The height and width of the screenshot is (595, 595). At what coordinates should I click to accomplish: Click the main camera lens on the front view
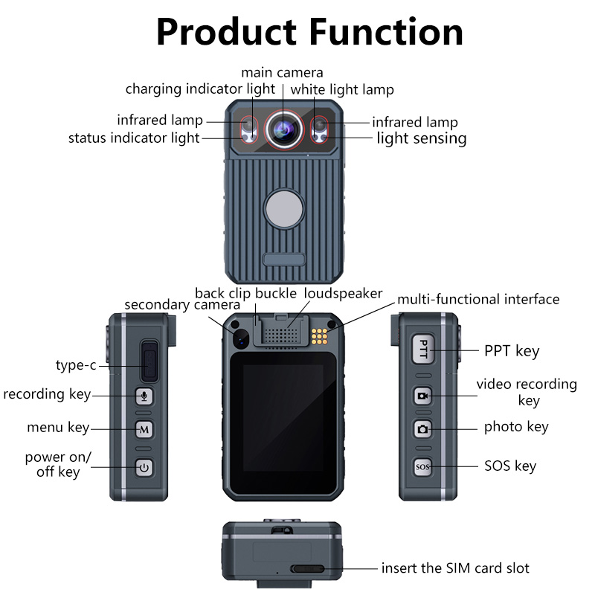pos(283,128)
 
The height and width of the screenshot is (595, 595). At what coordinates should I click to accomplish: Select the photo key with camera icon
pos(423,428)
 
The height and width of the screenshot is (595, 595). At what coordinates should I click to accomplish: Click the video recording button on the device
pos(423,396)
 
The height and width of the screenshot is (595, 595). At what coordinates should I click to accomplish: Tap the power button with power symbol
pos(144,467)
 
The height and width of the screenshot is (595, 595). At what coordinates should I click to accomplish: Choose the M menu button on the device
pos(144,429)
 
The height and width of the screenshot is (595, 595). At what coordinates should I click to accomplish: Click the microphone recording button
pos(144,395)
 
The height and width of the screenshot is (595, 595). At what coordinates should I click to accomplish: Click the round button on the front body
pos(283,208)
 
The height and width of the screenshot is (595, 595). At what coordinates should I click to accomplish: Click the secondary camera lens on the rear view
pos(241,338)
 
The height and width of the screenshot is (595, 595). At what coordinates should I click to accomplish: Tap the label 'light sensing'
pos(421,138)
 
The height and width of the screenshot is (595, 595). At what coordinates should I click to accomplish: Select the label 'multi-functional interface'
pos(478,300)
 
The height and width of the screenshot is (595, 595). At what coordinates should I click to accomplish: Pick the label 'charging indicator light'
pos(200,89)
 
